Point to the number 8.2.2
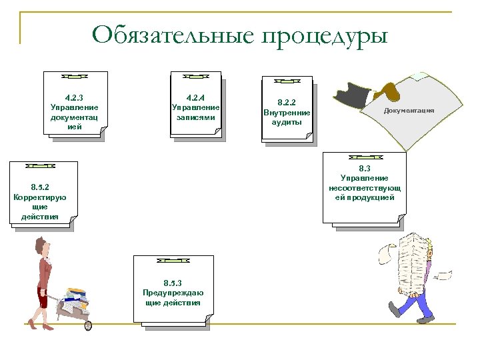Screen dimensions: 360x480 click(287, 103)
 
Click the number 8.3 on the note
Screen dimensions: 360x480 click(364, 169)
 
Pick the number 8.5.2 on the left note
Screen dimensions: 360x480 click(44, 188)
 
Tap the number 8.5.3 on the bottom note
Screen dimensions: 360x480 click(173, 283)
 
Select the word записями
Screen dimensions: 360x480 click(195, 117)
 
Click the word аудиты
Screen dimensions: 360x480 click(287, 122)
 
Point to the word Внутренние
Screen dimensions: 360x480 click(287, 113)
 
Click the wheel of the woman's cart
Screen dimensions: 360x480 click(87, 325)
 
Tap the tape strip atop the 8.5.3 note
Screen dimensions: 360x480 click(172, 259)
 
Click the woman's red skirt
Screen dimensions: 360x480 click(43, 297)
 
